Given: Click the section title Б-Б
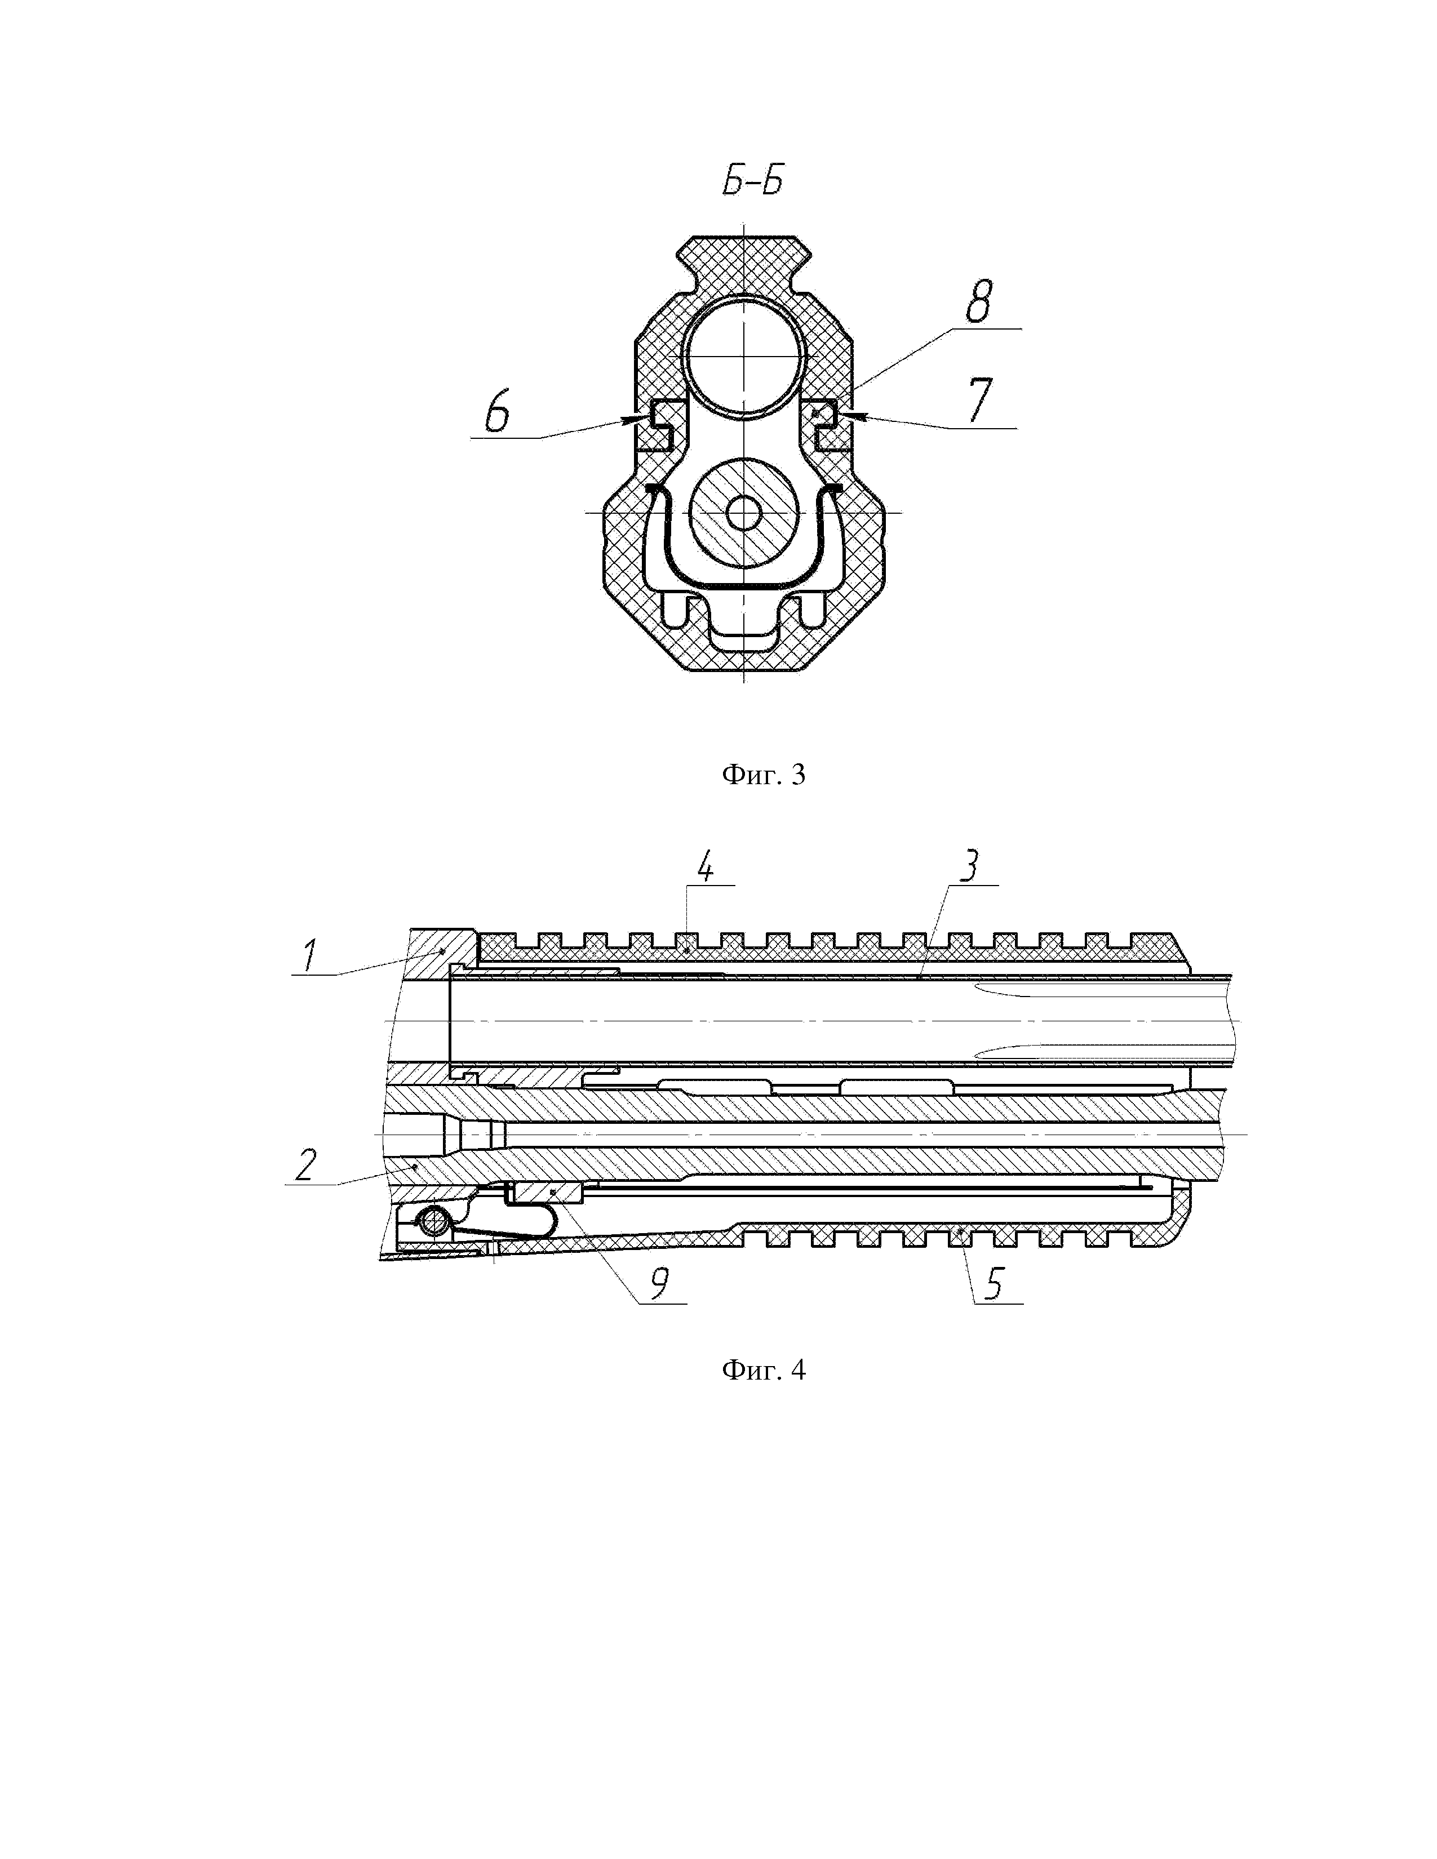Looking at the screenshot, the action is pos(752,183).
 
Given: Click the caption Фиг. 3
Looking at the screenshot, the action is pos(763,775).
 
